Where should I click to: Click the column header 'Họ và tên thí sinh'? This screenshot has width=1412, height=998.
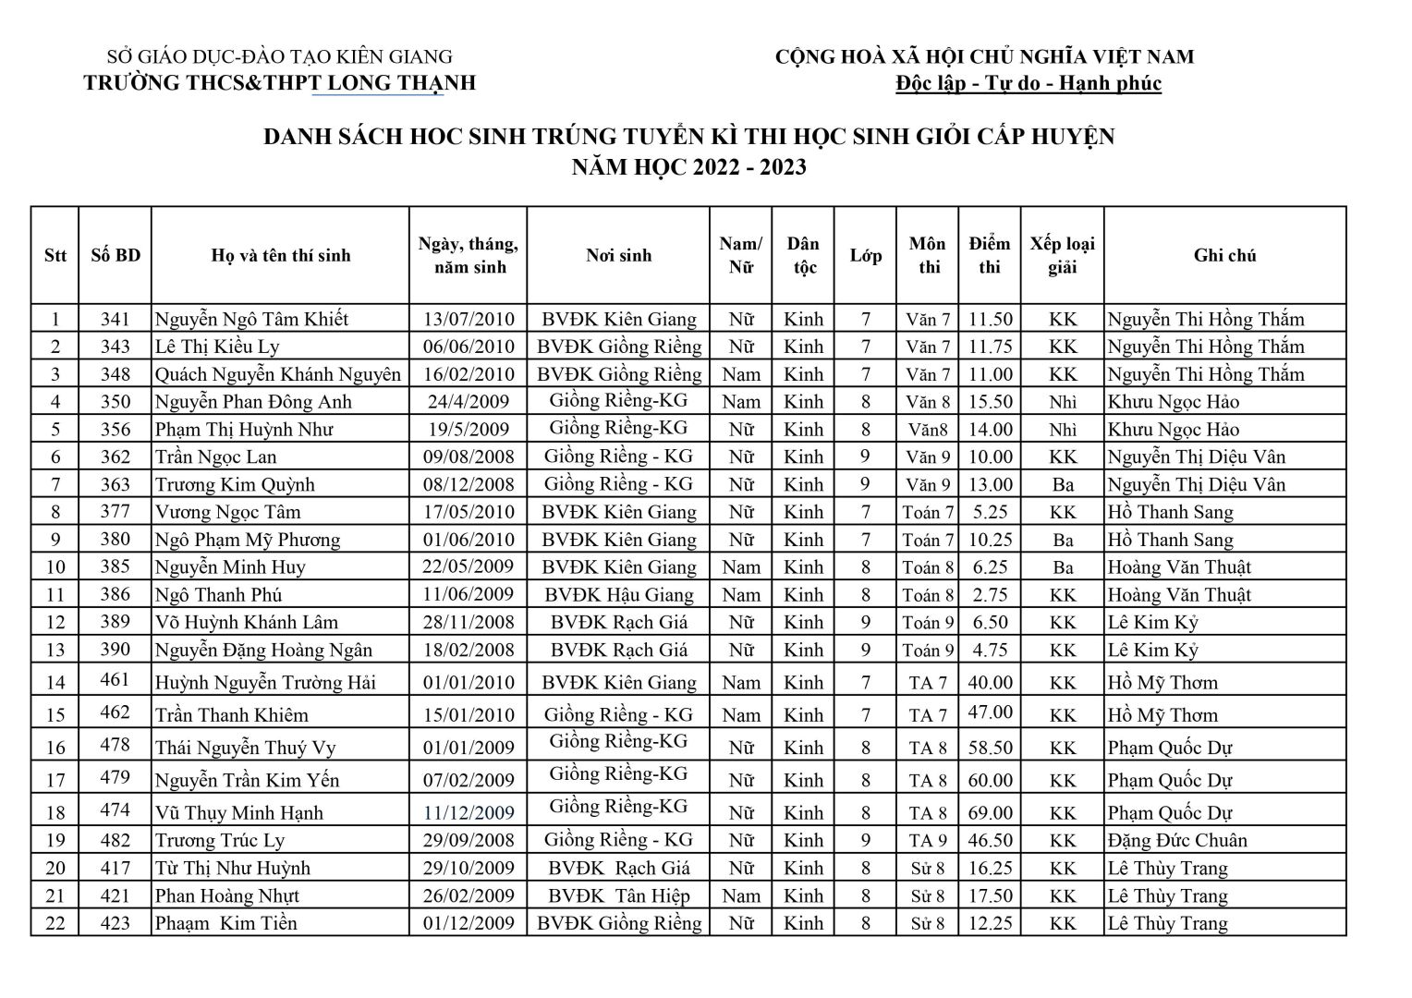281,256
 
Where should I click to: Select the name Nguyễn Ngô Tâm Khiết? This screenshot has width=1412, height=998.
251,320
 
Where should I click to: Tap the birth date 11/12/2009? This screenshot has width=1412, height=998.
469,813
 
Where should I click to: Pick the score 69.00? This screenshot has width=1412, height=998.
990,813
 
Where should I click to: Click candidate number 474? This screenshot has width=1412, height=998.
116,810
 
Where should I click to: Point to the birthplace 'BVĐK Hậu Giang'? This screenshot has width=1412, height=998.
618,595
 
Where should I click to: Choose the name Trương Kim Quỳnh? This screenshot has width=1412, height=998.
235,485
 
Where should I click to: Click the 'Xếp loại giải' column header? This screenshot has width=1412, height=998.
1063,256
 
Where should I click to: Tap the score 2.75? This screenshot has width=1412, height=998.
990,595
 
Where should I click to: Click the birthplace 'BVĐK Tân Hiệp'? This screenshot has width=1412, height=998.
618,896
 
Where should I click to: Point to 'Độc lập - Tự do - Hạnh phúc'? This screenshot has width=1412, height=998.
1028,84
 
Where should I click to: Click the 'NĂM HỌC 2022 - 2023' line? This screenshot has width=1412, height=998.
688,167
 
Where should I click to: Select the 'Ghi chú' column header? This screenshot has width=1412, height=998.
1224,256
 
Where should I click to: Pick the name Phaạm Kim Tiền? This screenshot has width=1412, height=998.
225,924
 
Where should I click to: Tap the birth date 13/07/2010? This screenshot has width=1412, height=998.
469,320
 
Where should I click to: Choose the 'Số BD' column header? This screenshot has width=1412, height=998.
116,256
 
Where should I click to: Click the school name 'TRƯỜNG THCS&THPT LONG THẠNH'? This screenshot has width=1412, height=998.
279,83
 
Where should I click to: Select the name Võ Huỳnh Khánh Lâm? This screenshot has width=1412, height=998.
246,623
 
